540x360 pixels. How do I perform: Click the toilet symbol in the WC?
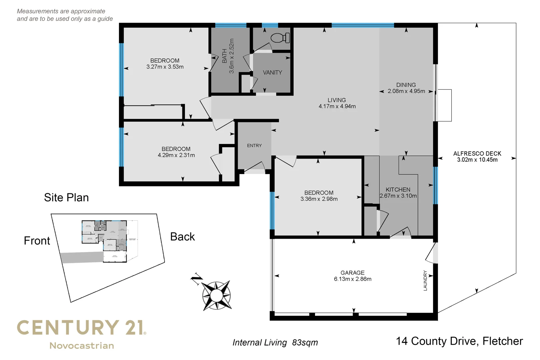click(279, 38)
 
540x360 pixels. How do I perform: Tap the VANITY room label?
click(272, 72)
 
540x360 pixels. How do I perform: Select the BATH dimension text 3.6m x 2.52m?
click(232, 56)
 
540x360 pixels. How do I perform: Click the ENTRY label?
click(254, 146)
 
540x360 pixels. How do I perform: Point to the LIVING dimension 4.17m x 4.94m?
click(337, 106)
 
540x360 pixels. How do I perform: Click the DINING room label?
click(406, 85)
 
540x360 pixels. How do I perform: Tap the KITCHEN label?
click(398, 190)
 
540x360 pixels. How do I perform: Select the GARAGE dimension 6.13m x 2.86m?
click(353, 279)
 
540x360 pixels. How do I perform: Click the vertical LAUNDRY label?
click(425, 281)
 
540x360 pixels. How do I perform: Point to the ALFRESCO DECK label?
click(477, 154)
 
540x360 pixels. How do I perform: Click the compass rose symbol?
click(217, 295)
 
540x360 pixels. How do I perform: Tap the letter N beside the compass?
click(197, 279)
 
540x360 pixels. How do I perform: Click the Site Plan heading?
click(66, 198)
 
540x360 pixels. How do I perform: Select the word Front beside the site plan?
click(37, 241)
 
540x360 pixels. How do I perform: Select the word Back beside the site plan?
click(182, 237)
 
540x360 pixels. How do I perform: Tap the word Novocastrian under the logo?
click(82, 346)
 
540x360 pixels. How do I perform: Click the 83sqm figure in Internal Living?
click(305, 343)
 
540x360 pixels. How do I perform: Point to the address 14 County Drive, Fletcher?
click(459, 341)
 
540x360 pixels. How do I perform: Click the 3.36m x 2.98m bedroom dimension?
click(319, 199)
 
